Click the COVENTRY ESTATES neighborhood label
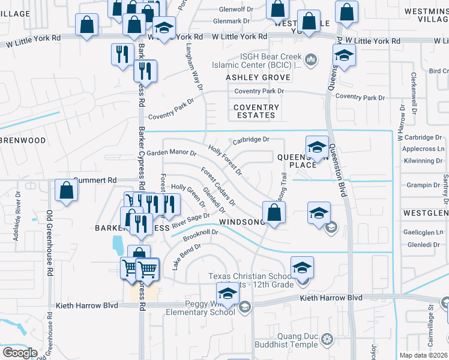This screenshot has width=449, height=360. (x=256, y=111)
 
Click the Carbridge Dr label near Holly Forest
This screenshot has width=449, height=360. (x=250, y=140)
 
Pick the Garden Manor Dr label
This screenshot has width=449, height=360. (x=172, y=153)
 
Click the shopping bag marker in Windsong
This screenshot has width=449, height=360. (x=274, y=213)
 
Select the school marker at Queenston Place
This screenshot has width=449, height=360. (x=317, y=147)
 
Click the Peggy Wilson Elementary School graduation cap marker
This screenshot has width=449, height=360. (x=228, y=294)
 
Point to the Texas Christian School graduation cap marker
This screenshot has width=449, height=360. (x=302, y=268)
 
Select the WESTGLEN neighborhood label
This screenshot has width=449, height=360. (x=425, y=213)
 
